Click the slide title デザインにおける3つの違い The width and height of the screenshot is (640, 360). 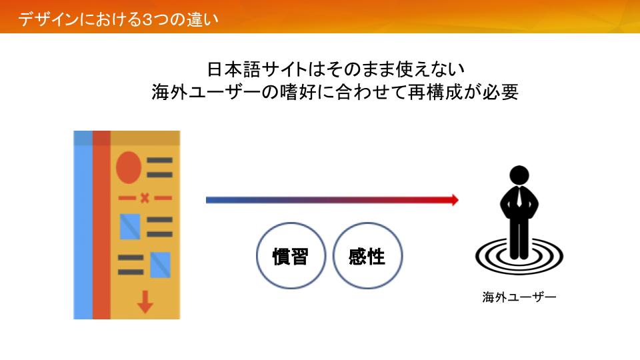coord(119,19)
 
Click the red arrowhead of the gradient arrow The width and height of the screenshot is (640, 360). coord(454,199)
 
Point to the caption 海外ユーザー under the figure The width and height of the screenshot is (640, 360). coord(519,297)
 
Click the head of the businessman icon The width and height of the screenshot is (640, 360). coord(519,175)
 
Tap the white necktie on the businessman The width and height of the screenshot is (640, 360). coord(519,197)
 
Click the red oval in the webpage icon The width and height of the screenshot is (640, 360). coord(129,167)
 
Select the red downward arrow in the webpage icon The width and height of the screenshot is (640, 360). coord(145,302)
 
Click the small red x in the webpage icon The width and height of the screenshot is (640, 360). coord(145,199)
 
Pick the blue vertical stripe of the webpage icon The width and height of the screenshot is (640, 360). coord(83,225)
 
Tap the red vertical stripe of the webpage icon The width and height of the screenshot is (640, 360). coord(101,225)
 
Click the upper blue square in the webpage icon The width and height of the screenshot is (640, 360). coord(130,227)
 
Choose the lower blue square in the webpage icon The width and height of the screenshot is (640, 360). coord(160,265)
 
